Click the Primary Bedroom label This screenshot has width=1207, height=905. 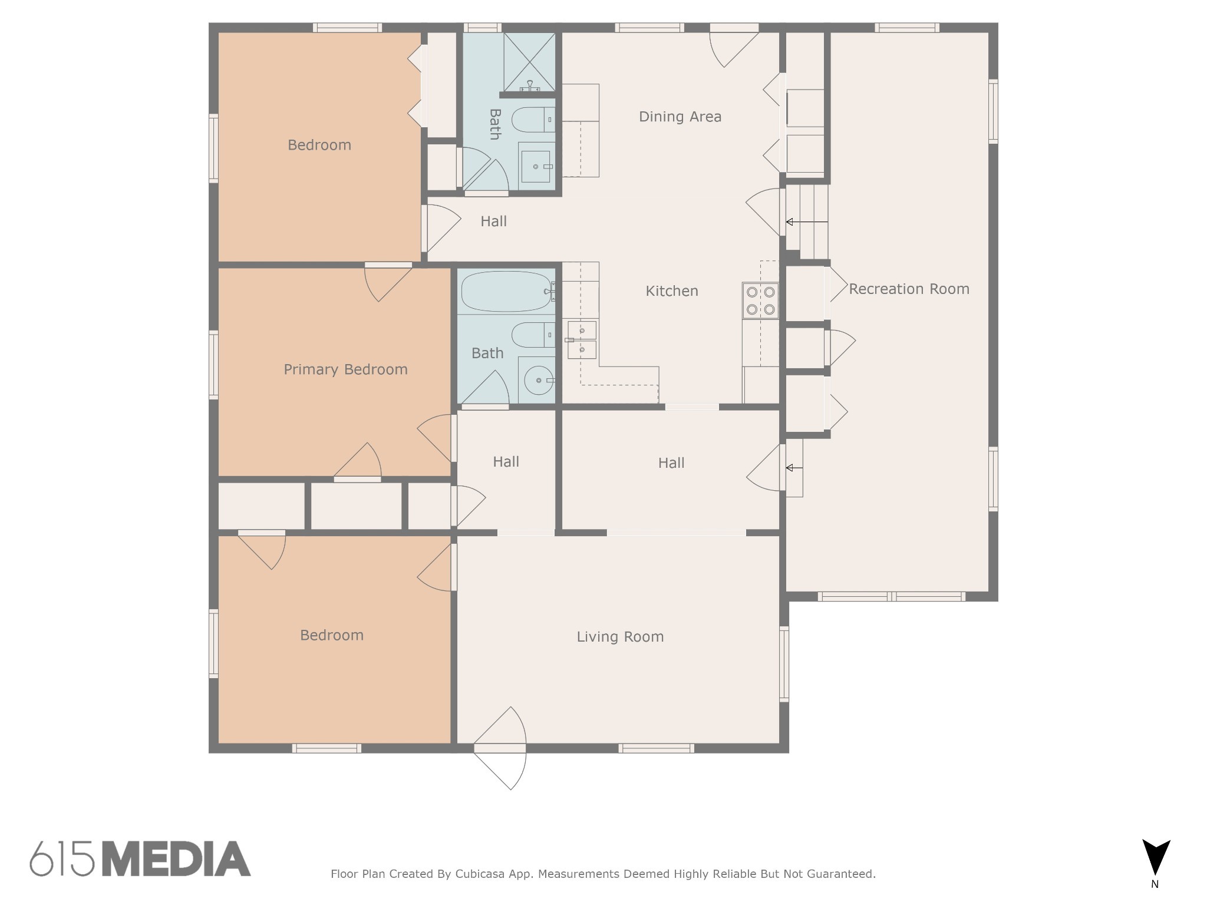tap(345, 369)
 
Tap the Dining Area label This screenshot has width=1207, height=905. tap(680, 117)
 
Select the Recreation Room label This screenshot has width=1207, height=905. tap(909, 289)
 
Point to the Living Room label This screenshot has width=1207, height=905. tap(620, 636)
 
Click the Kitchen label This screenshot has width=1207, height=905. tap(672, 290)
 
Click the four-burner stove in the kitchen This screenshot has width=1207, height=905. tap(760, 300)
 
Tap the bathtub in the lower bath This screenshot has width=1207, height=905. tap(506, 291)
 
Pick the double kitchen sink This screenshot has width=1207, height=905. tap(582, 341)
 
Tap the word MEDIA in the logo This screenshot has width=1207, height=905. tap(176, 859)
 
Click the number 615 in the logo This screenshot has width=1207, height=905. tap(62, 859)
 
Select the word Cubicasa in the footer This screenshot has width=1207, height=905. tap(479, 874)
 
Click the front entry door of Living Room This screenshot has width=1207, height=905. tap(500, 748)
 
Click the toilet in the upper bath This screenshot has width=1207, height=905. tap(532, 120)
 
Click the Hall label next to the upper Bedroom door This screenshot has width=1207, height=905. tap(493, 222)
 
